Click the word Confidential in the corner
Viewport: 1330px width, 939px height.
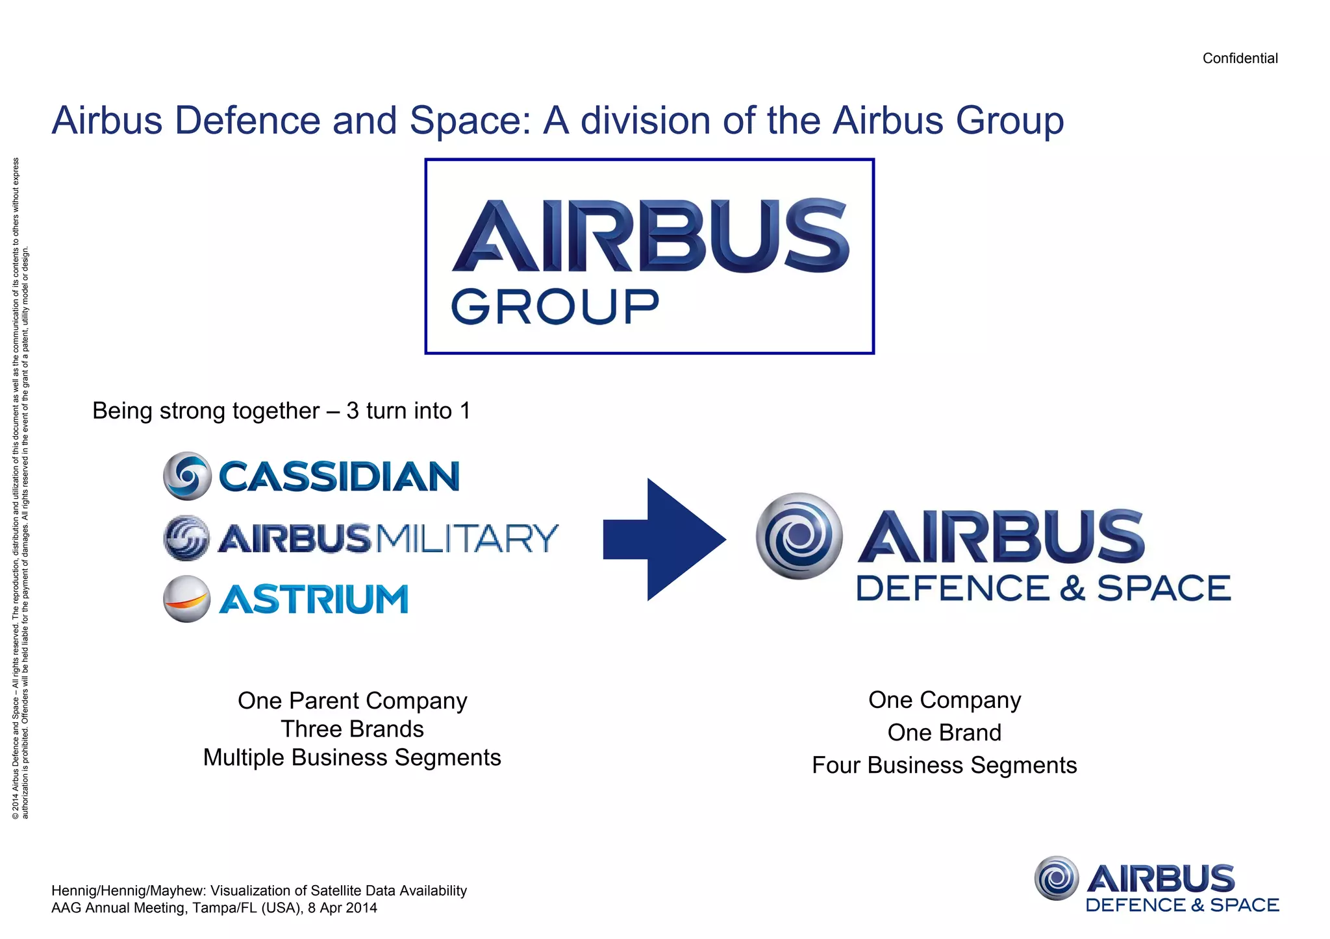tap(1239, 58)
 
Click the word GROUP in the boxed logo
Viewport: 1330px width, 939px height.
tap(555, 307)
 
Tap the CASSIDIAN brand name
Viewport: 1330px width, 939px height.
tap(339, 476)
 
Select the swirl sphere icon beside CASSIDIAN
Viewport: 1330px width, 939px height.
tap(187, 476)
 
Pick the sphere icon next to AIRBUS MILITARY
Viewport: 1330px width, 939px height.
tap(187, 538)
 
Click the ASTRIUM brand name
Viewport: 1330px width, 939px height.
tap(314, 599)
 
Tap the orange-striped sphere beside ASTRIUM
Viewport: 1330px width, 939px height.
tap(187, 599)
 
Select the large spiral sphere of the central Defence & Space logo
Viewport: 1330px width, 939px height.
tap(799, 536)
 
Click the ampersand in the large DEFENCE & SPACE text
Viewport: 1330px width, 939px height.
tap(1072, 588)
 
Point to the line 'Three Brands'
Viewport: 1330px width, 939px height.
tap(352, 729)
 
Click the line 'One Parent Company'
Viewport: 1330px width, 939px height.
tap(352, 701)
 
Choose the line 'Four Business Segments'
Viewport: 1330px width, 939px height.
tap(944, 765)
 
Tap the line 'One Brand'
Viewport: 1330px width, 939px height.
tap(944, 733)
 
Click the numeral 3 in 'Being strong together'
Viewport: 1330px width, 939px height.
tap(353, 411)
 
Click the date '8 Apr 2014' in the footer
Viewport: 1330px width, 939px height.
tap(342, 908)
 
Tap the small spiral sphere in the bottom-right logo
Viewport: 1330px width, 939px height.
tap(1056, 878)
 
